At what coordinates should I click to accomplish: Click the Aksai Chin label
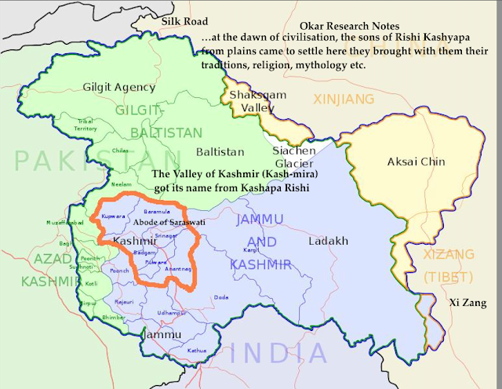pyautogui.click(x=417, y=162)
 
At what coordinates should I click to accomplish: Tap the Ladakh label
pyautogui.click(x=328, y=241)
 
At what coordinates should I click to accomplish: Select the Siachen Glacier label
pyautogui.click(x=294, y=157)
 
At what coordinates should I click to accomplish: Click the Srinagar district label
pyautogui.click(x=166, y=235)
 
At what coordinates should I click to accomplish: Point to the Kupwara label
pyautogui.click(x=115, y=215)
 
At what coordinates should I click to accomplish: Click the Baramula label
pyautogui.click(x=157, y=212)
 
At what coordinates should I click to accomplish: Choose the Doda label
pyautogui.click(x=222, y=297)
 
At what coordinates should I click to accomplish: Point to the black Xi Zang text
pyautogui.click(x=468, y=302)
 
